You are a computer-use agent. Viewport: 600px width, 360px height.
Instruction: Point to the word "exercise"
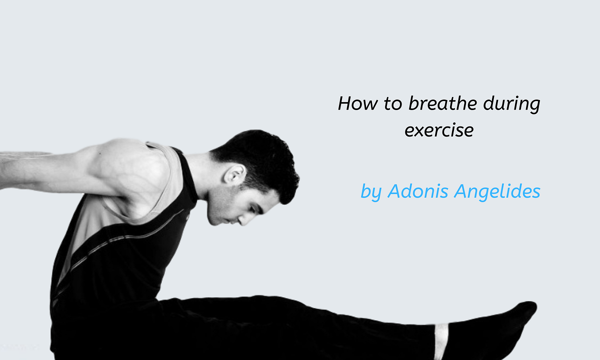[x=438, y=130]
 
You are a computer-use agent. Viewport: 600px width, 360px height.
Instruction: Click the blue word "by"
[x=370, y=192]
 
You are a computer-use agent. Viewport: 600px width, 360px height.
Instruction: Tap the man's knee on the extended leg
[x=280, y=310]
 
